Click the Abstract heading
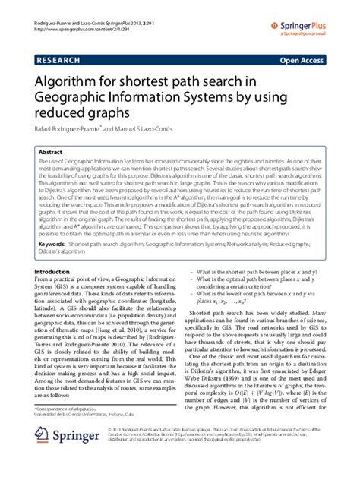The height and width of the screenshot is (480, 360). pyautogui.click(x=51, y=152)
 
